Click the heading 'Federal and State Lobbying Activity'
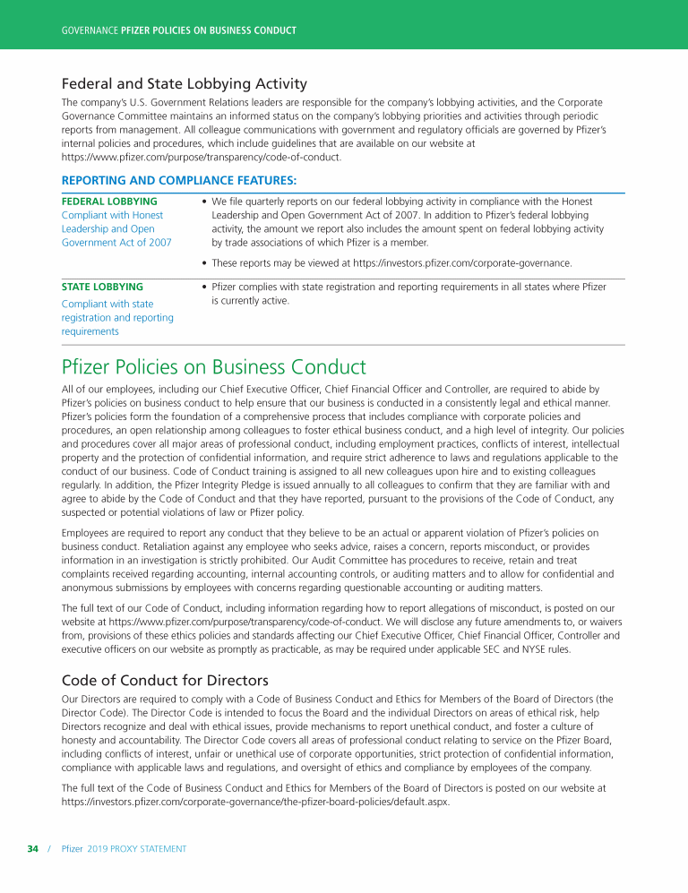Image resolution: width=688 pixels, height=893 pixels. click(184, 84)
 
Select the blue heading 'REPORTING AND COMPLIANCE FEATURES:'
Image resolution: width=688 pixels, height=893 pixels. click(167, 181)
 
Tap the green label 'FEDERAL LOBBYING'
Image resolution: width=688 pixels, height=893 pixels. click(109, 202)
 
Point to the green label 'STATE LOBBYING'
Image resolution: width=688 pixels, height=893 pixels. click(102, 287)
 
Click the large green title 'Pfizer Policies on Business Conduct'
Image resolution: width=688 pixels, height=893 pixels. click(213, 367)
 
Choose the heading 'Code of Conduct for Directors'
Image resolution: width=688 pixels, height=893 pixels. click(165, 680)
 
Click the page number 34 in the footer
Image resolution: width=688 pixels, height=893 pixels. click(33, 848)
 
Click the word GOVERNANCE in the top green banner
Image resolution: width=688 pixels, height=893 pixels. click(89, 30)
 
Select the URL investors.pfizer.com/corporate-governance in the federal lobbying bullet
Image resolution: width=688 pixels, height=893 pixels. click(462, 263)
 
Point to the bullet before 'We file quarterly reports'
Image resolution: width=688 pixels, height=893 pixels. click(205, 202)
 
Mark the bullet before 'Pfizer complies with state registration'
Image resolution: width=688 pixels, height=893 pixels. click(205, 288)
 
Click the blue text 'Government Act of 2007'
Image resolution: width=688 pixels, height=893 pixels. click(116, 242)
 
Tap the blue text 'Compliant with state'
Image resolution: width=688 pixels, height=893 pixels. click(107, 305)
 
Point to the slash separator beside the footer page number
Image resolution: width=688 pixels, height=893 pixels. click(50, 848)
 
